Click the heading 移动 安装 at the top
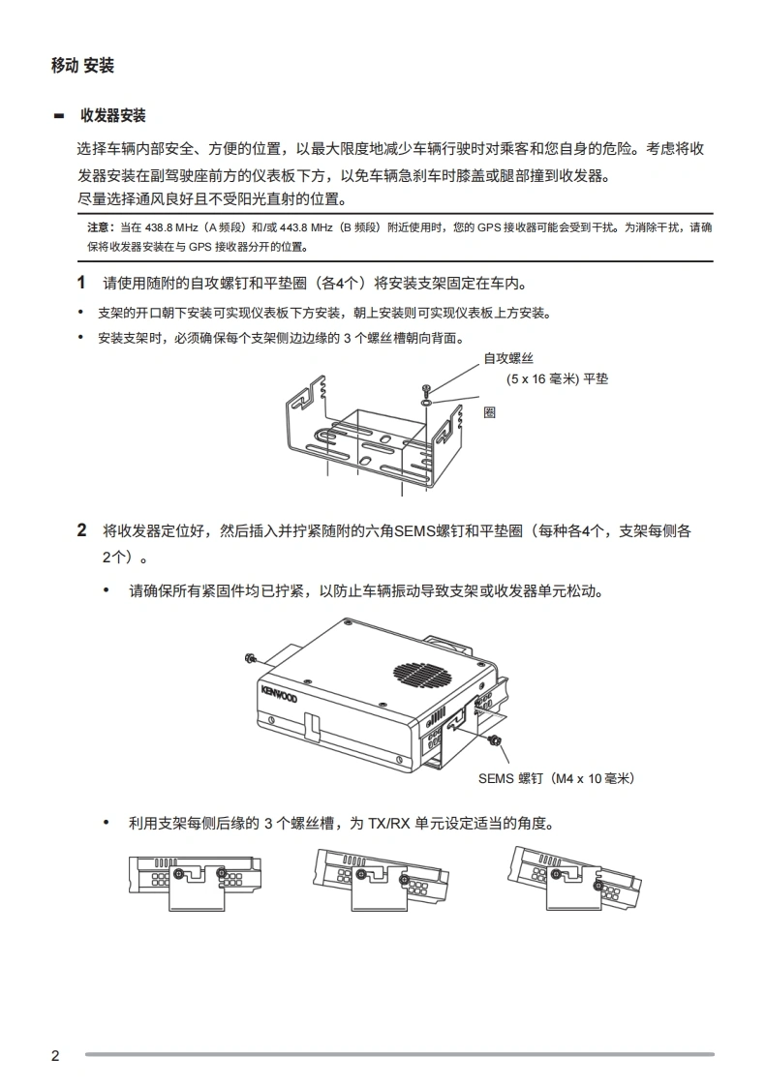82,66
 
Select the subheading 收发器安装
113,115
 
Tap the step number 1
81,283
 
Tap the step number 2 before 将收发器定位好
81,530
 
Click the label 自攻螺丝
508,358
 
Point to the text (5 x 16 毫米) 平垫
558,378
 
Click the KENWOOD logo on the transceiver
279,693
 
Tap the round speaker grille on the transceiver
422,674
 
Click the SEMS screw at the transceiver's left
251,658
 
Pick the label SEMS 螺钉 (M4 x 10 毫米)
556,778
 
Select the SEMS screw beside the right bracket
495,739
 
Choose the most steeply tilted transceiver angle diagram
573,878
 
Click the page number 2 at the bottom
55,1056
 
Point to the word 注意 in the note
98,227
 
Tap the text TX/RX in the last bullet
389,823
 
